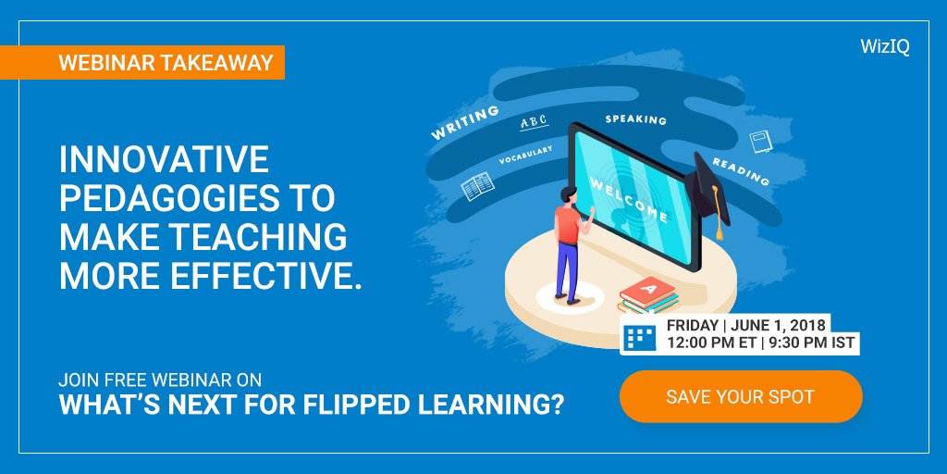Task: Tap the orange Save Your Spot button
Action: (740, 397)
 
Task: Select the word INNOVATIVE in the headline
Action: (164, 160)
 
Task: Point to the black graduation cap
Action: (714, 185)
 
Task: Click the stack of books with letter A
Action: (648, 295)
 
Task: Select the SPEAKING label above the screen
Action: (635, 119)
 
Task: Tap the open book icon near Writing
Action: (477, 187)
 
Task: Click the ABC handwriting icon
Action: (535, 123)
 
